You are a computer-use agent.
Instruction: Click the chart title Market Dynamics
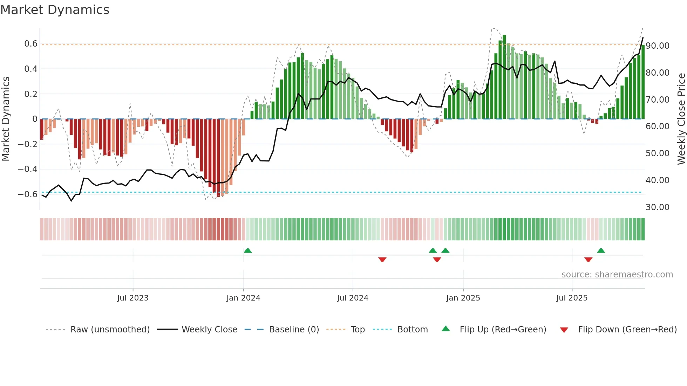click(x=55, y=10)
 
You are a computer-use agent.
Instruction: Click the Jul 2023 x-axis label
click(x=133, y=298)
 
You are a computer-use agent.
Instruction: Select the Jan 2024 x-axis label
click(x=243, y=298)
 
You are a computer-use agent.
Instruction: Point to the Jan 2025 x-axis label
click(x=463, y=298)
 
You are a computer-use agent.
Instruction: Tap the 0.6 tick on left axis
click(x=31, y=44)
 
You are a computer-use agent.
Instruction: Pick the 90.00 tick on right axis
click(x=658, y=46)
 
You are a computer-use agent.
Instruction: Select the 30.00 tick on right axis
click(x=658, y=207)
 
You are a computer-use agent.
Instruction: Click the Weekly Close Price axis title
click(x=681, y=119)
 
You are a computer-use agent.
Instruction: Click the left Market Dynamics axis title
click(x=6, y=119)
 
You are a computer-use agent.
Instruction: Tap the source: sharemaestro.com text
click(x=617, y=275)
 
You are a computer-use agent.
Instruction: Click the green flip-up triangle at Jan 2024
click(x=248, y=250)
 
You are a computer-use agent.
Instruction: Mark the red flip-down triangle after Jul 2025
click(x=588, y=260)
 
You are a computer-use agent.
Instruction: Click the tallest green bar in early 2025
click(x=504, y=77)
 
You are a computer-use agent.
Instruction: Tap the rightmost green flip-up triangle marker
click(x=601, y=250)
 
